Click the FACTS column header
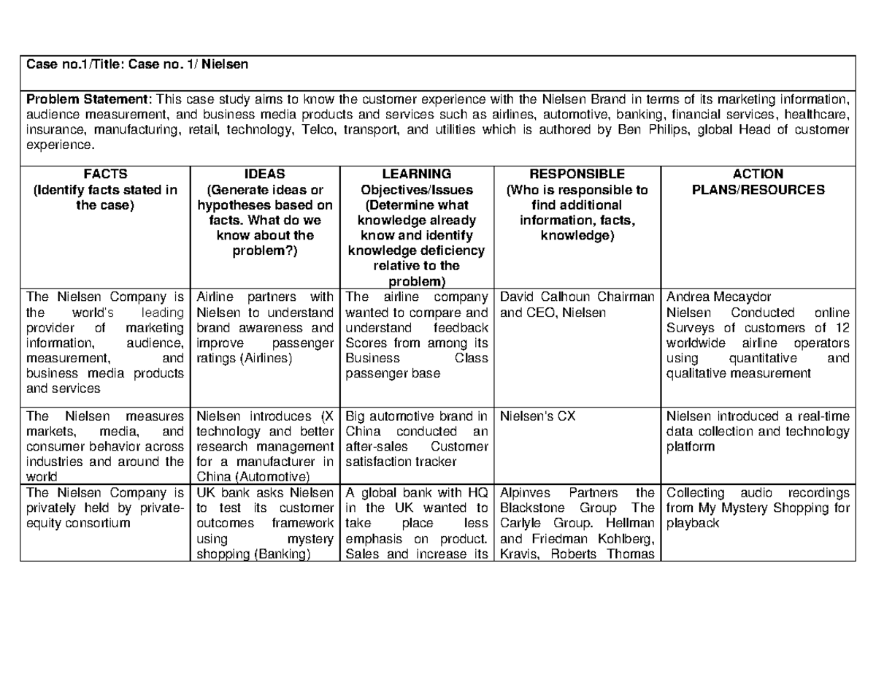tap(105, 174)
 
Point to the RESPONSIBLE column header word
tap(577, 174)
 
